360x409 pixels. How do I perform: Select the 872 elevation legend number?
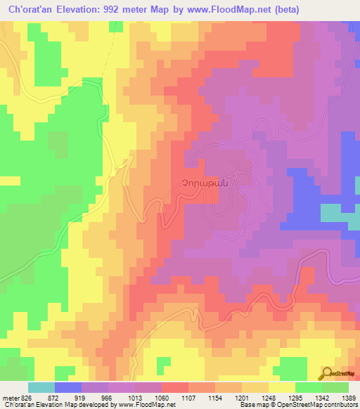(53, 398)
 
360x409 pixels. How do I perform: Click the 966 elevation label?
(108, 398)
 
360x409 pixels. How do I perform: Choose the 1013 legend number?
(136, 398)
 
